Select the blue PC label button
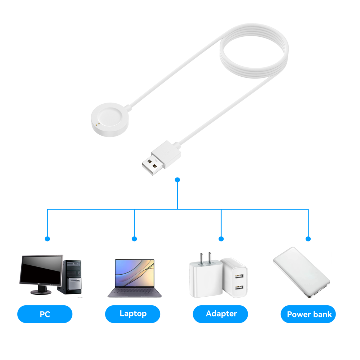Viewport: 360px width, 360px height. pyautogui.click(x=45, y=314)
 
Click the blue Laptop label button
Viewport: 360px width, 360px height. pyautogui.click(x=132, y=314)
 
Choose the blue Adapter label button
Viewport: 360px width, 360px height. pyautogui.click(x=221, y=314)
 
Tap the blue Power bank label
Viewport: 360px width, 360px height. pyautogui.click(x=309, y=314)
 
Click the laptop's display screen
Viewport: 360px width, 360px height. pyautogui.click(x=134, y=274)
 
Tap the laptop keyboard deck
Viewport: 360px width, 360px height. pyautogui.click(x=135, y=293)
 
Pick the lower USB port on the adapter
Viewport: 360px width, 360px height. pyautogui.click(x=238, y=288)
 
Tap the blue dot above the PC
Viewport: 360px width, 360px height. pyautogui.click(x=47, y=239)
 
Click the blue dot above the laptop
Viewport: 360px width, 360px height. pyautogui.click(x=134, y=239)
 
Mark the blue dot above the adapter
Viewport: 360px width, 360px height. pyautogui.click(x=221, y=239)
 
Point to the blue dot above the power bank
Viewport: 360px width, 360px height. pyautogui.click(x=308, y=239)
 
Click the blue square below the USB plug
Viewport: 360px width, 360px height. pyautogui.click(x=177, y=179)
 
